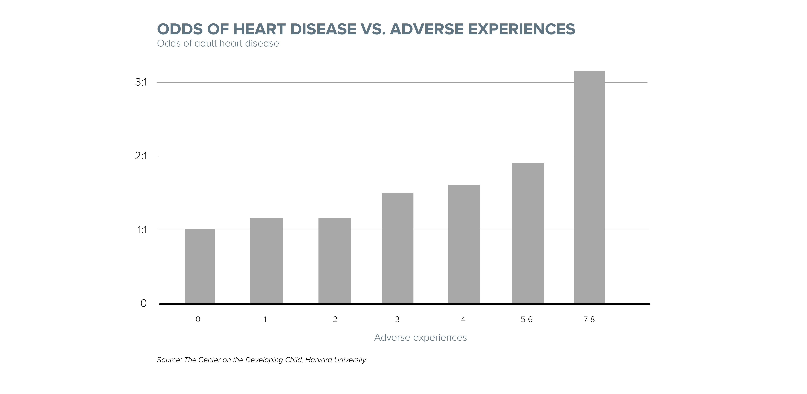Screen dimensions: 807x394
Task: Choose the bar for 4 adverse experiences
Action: click(464, 244)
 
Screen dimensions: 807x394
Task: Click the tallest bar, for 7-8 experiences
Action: click(589, 187)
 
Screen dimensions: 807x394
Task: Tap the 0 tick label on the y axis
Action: click(143, 303)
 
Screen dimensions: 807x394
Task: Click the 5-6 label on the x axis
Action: click(527, 319)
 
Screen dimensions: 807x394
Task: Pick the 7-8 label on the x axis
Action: click(589, 319)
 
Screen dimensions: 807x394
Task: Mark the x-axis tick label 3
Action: click(397, 319)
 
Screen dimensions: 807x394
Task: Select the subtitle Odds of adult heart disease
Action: click(218, 43)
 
